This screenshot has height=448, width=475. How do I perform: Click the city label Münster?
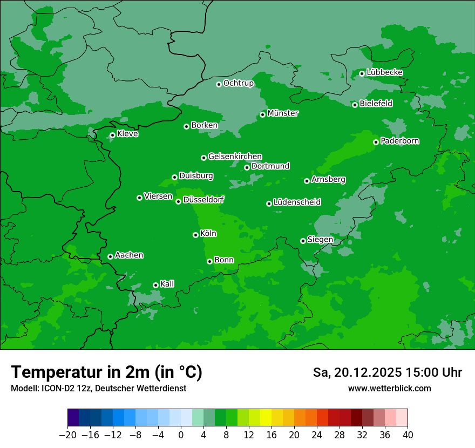point(283,113)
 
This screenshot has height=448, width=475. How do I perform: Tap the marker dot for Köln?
point(195,235)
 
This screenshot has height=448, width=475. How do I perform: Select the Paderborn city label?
point(400,141)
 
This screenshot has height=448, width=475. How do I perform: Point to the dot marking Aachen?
point(110,256)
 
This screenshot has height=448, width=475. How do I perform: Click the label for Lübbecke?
point(385,72)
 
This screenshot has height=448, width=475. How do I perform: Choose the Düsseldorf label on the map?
point(203,200)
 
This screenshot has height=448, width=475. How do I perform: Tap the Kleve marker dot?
point(112,135)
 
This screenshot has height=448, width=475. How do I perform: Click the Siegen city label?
point(321,240)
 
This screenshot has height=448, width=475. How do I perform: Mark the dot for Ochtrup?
point(219,84)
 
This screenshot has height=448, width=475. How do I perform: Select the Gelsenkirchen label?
point(235,157)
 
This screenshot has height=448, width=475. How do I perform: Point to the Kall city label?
point(167,284)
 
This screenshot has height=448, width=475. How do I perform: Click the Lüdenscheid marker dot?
point(269,203)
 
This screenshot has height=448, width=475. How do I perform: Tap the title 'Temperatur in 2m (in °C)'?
point(107,372)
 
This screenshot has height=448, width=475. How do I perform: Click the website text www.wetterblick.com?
point(390,389)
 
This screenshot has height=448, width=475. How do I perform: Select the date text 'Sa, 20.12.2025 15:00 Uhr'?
point(388,372)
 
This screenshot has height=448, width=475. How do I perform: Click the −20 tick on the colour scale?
point(67,435)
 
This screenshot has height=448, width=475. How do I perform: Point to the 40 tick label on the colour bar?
point(408,435)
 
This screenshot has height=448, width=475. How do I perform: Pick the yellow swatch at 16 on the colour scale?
point(272,418)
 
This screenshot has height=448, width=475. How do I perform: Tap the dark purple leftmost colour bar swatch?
point(73,418)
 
